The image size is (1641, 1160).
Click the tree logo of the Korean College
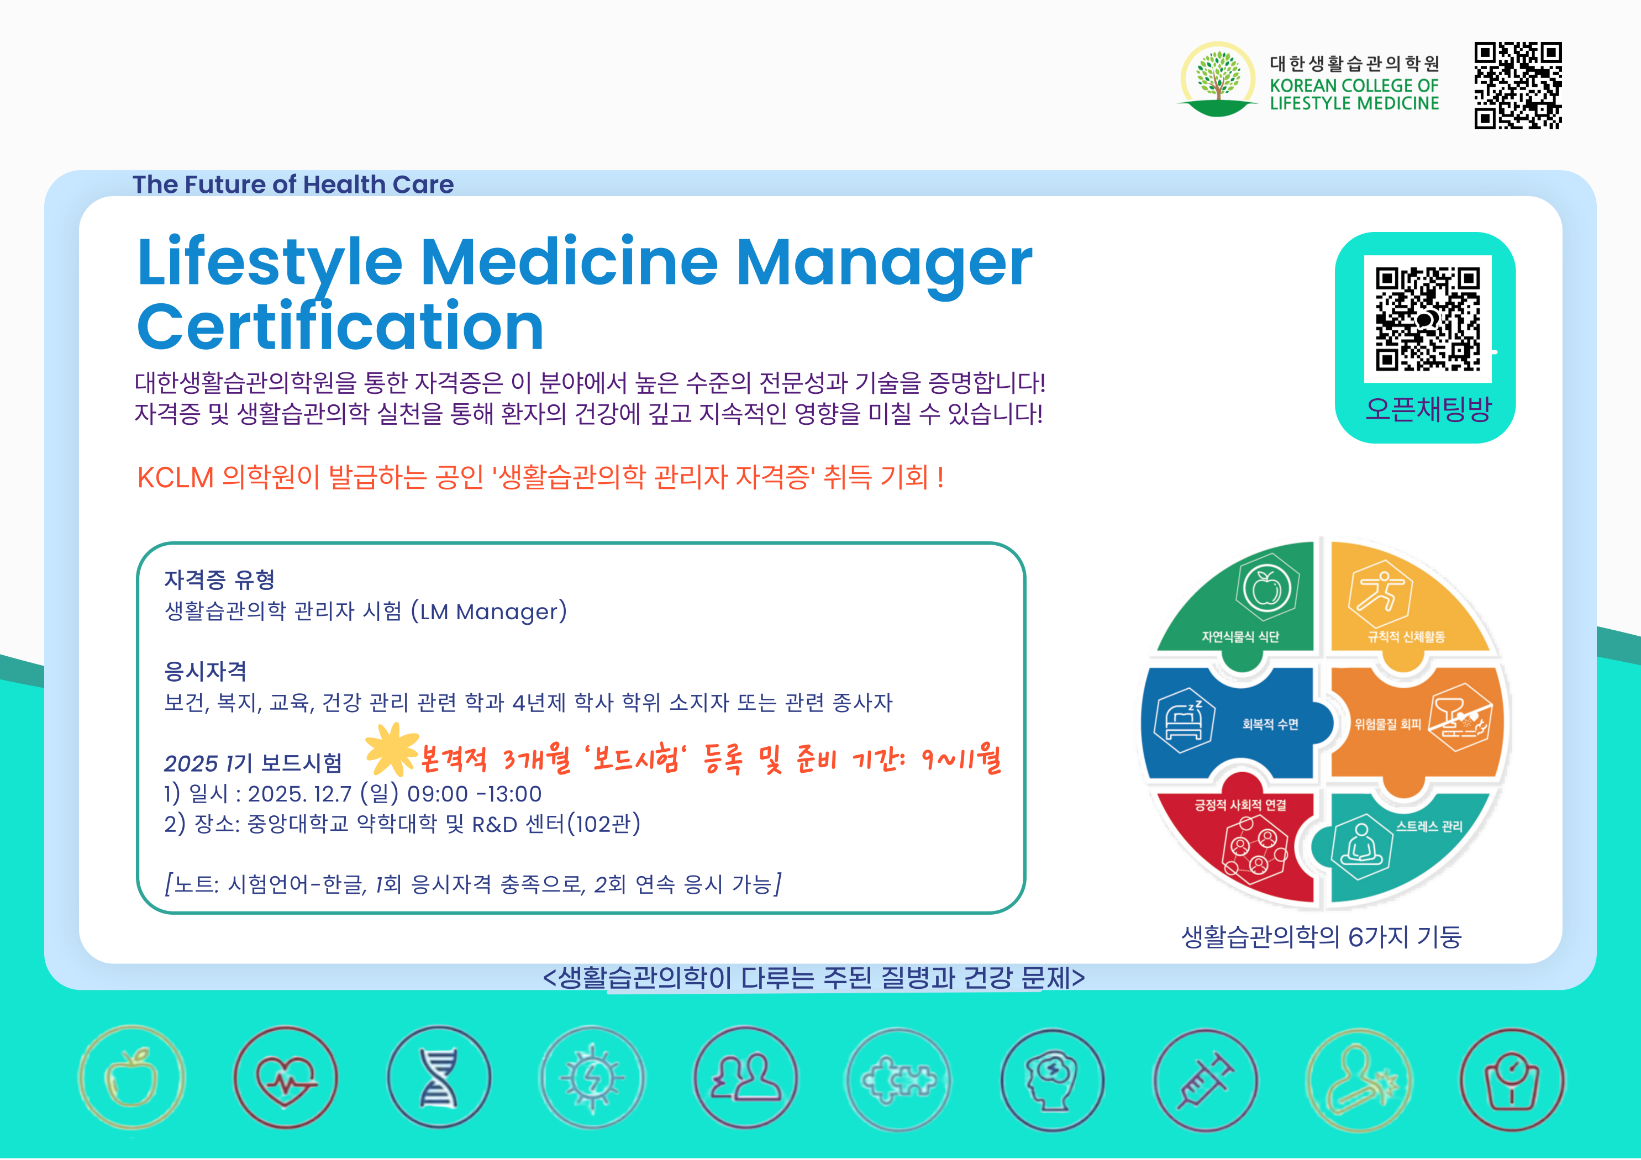coord(1217,78)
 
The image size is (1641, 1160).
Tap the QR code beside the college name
coord(1518,86)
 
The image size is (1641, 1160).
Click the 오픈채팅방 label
coord(1428,409)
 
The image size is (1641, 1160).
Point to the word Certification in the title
coord(340,328)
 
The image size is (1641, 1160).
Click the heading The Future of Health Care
coord(293,184)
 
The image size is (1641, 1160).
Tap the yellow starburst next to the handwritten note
coord(392,749)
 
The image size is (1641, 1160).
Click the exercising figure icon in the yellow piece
coord(1380,594)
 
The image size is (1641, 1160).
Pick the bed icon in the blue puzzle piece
coord(1184,720)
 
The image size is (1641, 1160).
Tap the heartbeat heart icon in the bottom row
coord(286,1078)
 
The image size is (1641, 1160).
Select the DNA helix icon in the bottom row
coord(439,1077)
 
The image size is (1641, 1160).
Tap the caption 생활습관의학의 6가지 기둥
coord(1322,936)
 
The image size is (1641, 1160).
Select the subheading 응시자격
coord(206,671)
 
